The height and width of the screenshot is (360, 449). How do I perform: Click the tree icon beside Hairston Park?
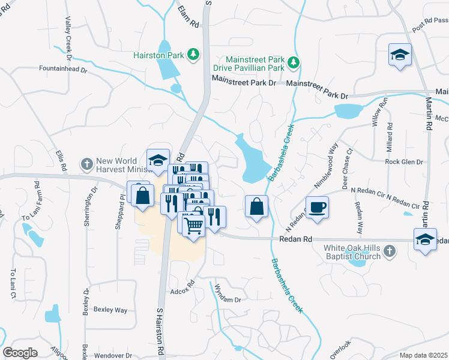pos(193,55)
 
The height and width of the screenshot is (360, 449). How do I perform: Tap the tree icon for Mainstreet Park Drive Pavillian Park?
pos(294,62)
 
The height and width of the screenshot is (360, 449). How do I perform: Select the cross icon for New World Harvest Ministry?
pos(87,163)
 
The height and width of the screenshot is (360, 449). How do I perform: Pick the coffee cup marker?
pos(318,208)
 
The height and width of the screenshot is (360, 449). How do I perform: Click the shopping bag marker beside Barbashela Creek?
pos(256,206)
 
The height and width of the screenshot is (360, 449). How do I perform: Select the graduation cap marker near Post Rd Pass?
pos(400,55)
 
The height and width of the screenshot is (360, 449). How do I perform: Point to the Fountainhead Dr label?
pos(63,70)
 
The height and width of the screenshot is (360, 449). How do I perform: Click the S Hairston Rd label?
pos(160,331)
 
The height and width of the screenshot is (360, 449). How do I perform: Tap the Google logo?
pos(20,353)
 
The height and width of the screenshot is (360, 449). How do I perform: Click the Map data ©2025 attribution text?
pos(424,355)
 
